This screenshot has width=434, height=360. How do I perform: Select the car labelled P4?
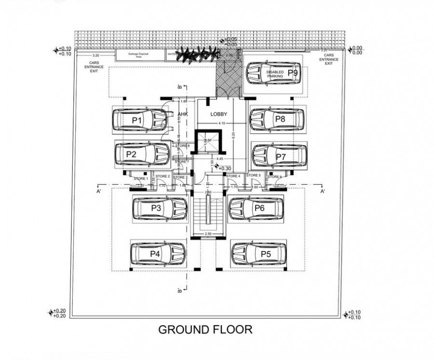click(x=158, y=253)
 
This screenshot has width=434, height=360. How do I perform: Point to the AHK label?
click(x=182, y=114)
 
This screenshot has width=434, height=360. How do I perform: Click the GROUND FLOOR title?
click(x=205, y=330)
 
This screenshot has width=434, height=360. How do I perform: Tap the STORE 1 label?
click(x=141, y=179)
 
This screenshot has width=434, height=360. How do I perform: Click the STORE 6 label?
click(x=274, y=177)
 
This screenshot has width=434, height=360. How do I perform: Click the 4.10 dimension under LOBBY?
click(x=221, y=124)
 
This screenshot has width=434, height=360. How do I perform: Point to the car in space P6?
click(x=255, y=208)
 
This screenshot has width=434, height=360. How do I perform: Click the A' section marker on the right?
click(x=322, y=192)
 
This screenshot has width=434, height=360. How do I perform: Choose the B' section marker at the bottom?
click(x=179, y=290)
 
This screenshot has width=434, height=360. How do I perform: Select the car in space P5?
click(x=258, y=254)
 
